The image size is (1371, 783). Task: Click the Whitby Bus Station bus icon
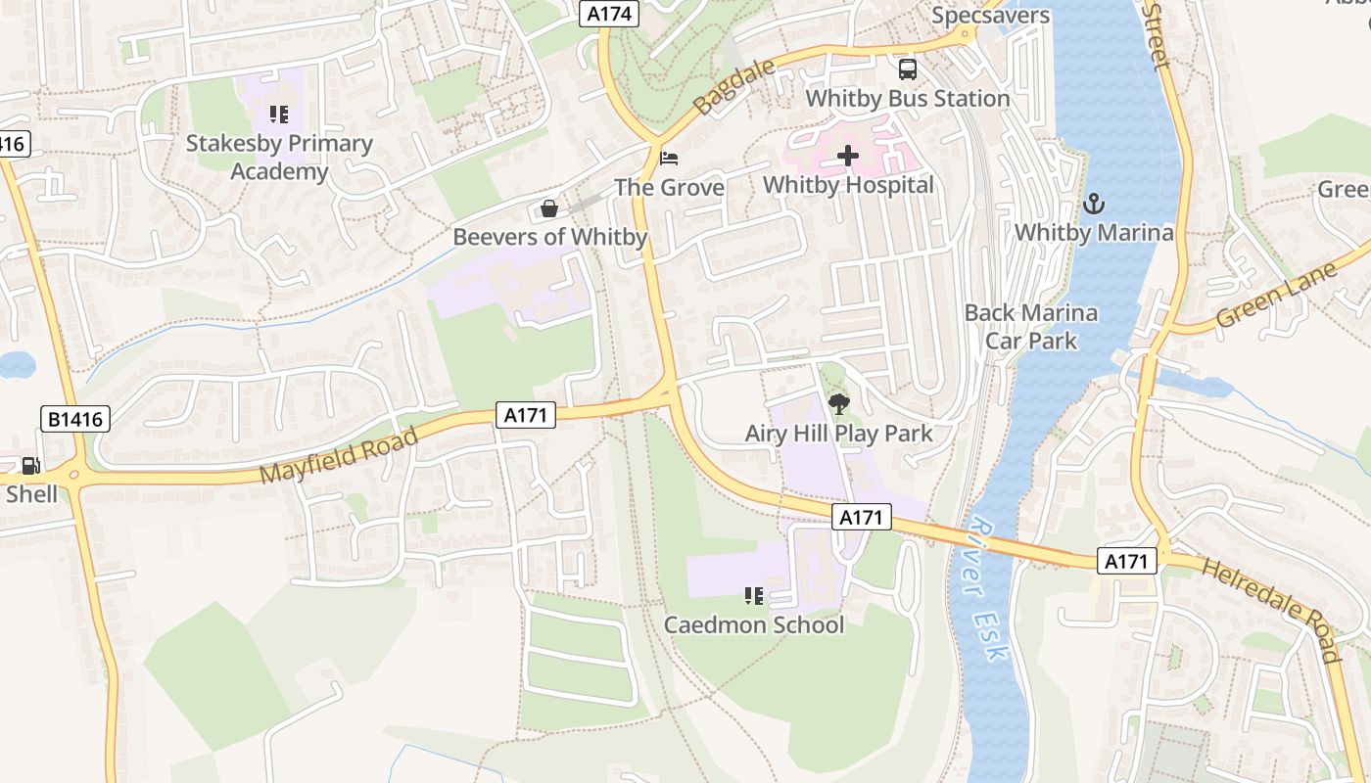pos(908,69)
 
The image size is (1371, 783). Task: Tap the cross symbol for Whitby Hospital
pos(848,156)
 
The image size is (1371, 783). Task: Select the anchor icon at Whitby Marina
pos(1094,204)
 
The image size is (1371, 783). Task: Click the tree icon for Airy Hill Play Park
pos(838,403)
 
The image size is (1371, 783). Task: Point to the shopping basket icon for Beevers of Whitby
pos(549,208)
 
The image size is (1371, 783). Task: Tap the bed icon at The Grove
pos(669,158)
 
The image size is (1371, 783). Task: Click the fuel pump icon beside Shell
pos(31,466)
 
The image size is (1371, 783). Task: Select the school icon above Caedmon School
pos(753,595)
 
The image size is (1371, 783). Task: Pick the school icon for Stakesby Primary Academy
pos(279,115)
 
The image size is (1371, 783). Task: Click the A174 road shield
pos(610,14)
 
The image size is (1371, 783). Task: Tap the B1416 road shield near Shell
pos(75,420)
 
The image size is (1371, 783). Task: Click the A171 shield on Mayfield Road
pos(526,415)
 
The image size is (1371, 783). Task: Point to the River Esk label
pos(983,589)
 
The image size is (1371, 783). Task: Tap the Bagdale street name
pos(733,86)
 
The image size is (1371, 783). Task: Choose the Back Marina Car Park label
pos(1031,327)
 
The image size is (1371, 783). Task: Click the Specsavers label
pos(990,15)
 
